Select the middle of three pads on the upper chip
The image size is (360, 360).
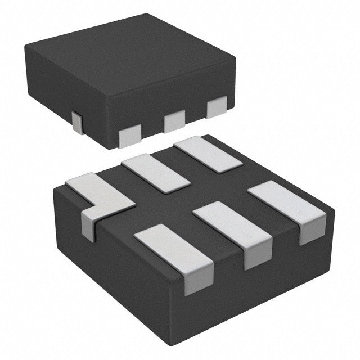coord(174,120)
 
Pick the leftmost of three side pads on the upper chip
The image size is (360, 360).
coord(130,136)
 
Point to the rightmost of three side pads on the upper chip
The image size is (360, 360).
coord(217,107)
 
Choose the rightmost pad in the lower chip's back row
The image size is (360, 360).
coord(208,154)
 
